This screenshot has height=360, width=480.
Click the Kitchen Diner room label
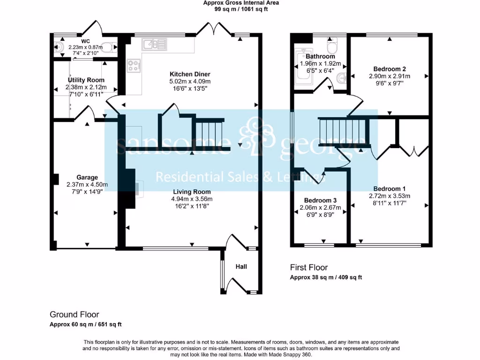190,74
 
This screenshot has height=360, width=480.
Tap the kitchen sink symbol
154,45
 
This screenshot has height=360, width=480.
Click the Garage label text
87,177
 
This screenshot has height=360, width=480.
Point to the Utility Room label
86,80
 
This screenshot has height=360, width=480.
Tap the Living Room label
192,192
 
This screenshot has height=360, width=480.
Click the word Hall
241,267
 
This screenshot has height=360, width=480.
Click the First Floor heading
309,268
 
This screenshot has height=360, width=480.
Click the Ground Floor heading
75,315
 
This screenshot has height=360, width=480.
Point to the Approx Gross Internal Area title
241,3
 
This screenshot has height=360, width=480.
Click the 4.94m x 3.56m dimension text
192,199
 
